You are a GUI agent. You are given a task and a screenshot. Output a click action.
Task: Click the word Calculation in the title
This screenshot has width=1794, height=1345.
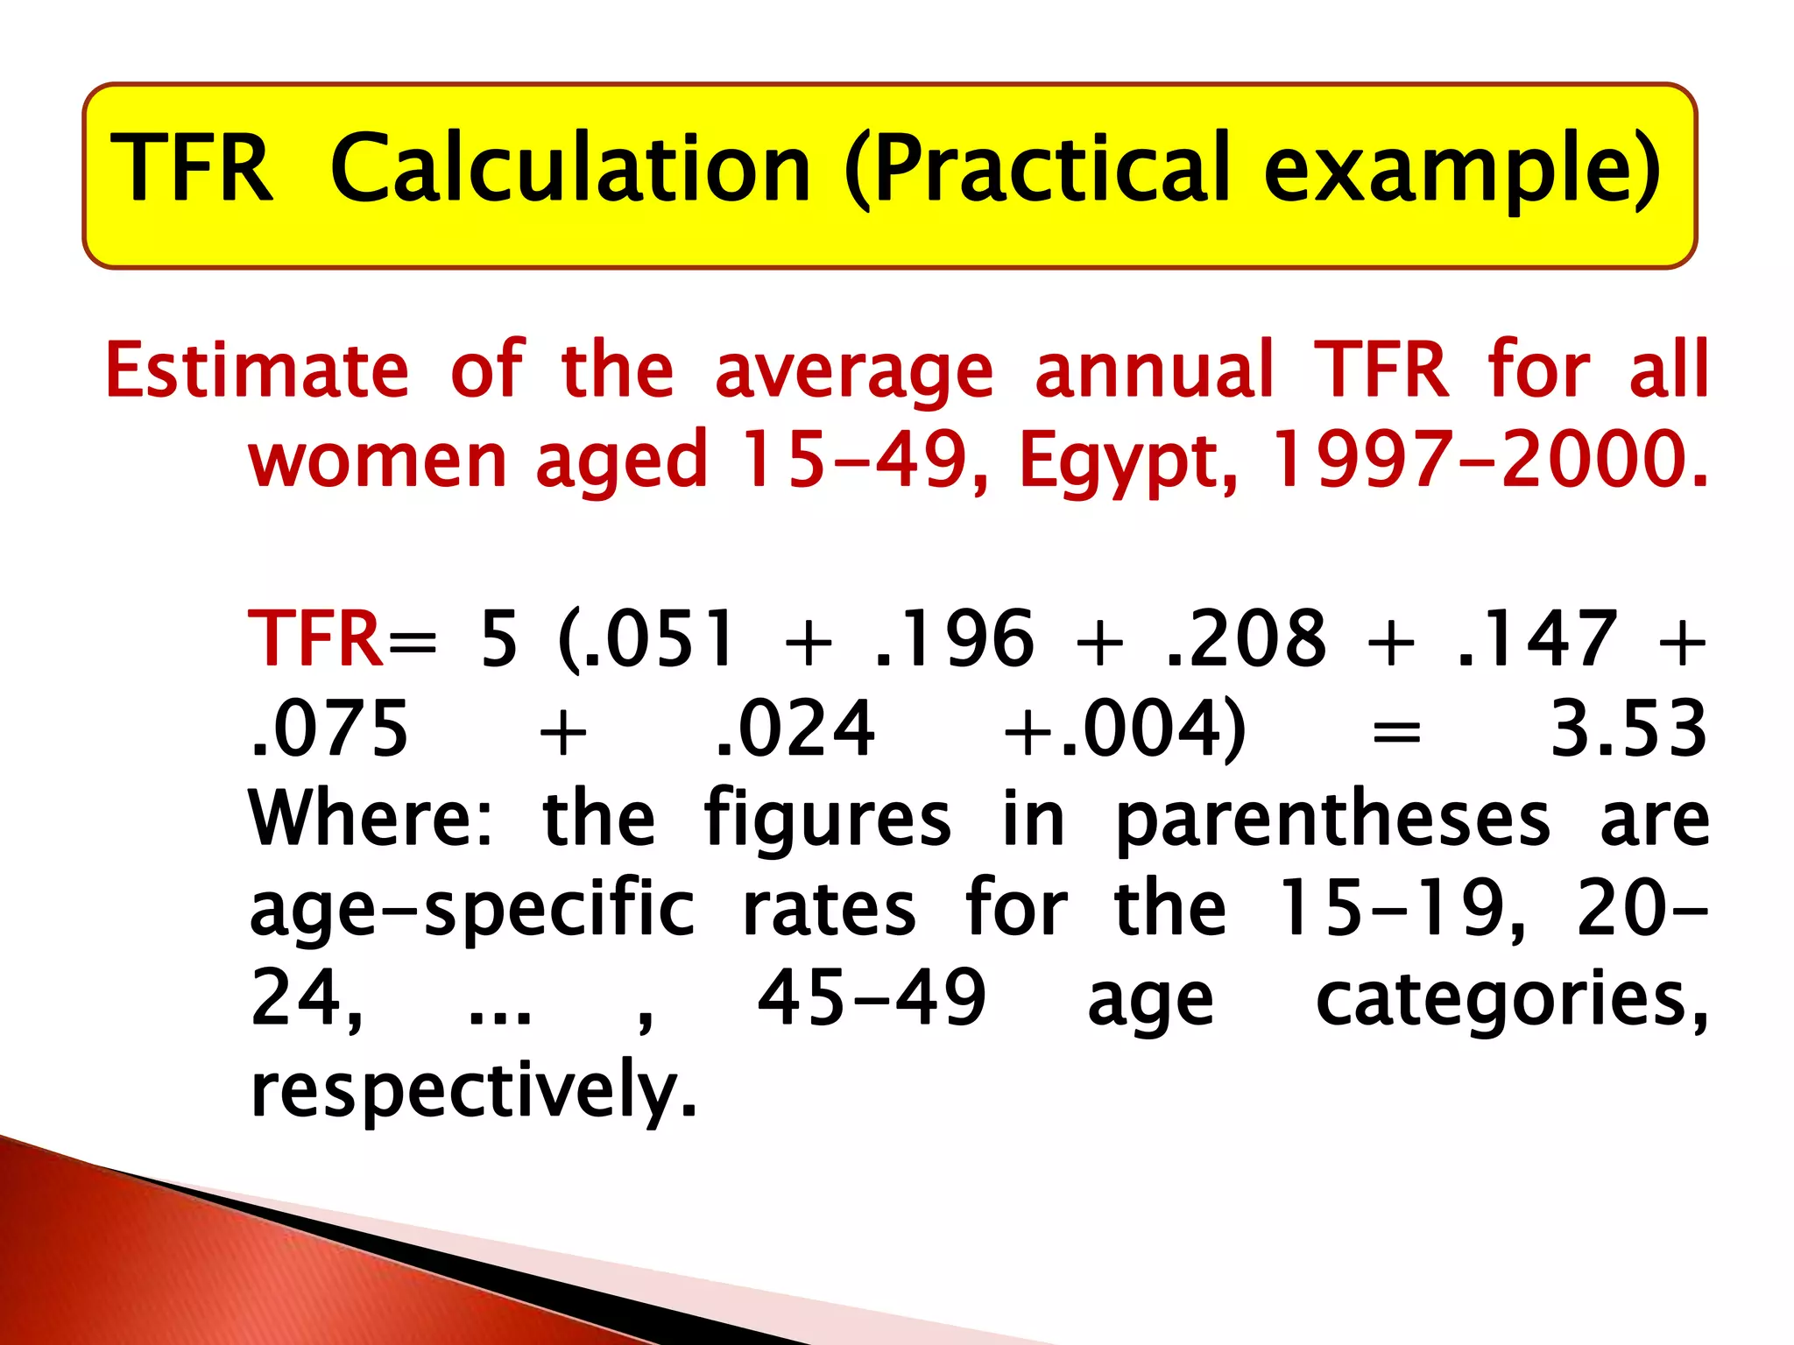click(x=570, y=168)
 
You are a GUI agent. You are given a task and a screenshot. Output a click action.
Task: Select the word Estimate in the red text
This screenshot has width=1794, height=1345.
click(x=257, y=370)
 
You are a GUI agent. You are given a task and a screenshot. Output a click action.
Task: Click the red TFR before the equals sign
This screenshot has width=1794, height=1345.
click(x=314, y=639)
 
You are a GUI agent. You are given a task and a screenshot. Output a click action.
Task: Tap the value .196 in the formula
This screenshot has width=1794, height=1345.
click(x=954, y=639)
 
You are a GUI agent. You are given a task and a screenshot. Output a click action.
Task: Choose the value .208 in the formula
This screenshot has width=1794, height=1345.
click(x=1247, y=639)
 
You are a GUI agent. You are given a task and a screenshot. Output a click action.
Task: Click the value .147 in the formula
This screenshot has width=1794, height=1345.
click(x=1537, y=639)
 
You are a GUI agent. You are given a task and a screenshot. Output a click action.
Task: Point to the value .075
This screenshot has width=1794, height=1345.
click(x=328, y=729)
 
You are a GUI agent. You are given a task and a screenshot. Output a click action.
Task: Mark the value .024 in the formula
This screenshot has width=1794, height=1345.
click(x=795, y=729)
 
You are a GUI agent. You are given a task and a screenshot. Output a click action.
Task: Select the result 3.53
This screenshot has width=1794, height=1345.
click(x=1628, y=729)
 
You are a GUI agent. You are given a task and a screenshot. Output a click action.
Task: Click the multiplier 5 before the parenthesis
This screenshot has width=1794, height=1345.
click(x=499, y=639)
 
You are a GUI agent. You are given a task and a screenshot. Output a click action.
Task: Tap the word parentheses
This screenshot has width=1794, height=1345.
click(x=1333, y=821)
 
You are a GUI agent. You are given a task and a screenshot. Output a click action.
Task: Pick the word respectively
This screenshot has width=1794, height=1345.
click(x=474, y=1089)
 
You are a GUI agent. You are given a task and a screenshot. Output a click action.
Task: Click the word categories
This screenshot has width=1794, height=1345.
click(x=1511, y=1000)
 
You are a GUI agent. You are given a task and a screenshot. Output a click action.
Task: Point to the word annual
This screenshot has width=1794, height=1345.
click(x=1154, y=370)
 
